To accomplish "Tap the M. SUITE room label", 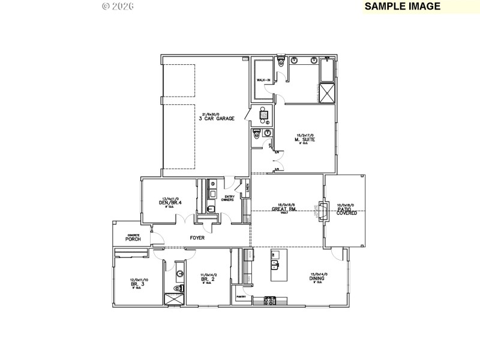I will pos(305,140).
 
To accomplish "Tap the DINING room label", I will pos(317,278).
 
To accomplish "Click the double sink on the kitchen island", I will pos(275,264).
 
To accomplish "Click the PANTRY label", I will pos(242,296).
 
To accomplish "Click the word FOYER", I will pos(197,238).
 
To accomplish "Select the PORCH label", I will pos(133,239).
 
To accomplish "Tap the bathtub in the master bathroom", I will pos(328,71).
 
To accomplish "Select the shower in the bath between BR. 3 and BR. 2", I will pos(174,298).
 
